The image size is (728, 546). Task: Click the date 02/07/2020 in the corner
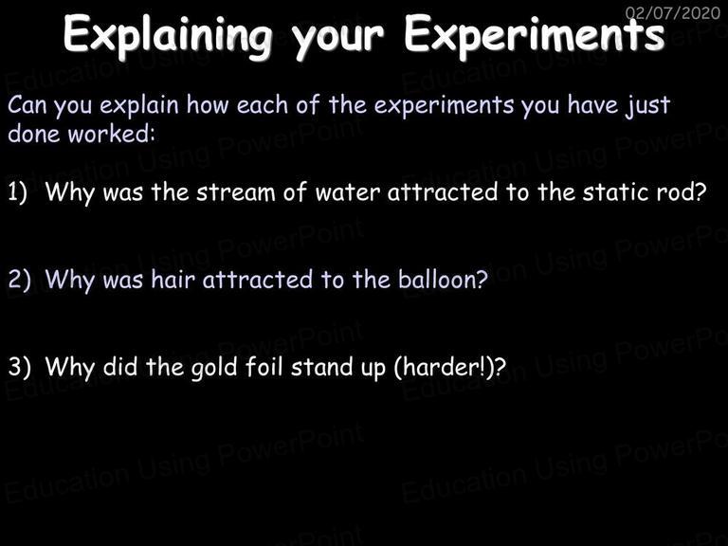point(673,12)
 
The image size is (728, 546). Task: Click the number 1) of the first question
point(17,191)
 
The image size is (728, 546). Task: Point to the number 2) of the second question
point(19,279)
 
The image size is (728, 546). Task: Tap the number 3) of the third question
point(19,366)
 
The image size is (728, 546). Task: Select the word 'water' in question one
point(347,192)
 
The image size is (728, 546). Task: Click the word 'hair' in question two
point(173,279)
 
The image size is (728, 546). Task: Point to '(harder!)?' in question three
point(449,367)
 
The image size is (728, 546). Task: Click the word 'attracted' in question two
point(258,279)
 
